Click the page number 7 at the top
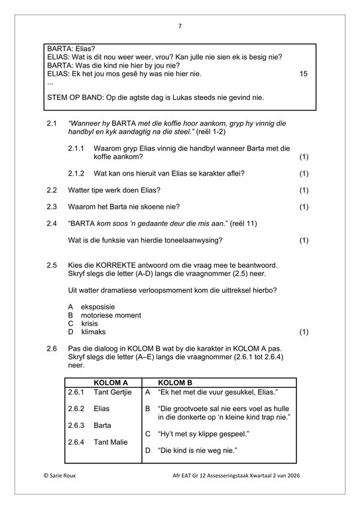tap(180, 26)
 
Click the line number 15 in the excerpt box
tap(304, 74)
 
